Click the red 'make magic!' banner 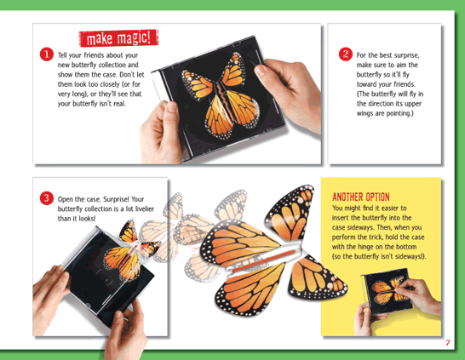click(x=118, y=38)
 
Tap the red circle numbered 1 click(x=47, y=54)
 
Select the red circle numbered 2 click(x=346, y=54)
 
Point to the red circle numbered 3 click(x=47, y=198)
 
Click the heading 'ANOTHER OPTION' click(x=361, y=197)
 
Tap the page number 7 click(x=447, y=343)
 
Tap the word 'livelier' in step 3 click(x=145, y=209)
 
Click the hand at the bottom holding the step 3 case click(x=126, y=329)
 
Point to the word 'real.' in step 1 click(x=119, y=104)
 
